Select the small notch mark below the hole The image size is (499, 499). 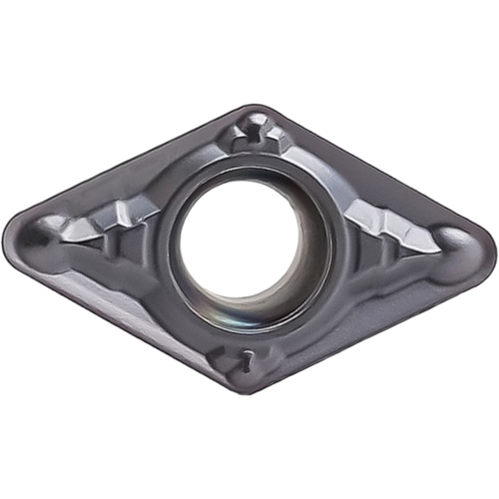(x=243, y=358)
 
